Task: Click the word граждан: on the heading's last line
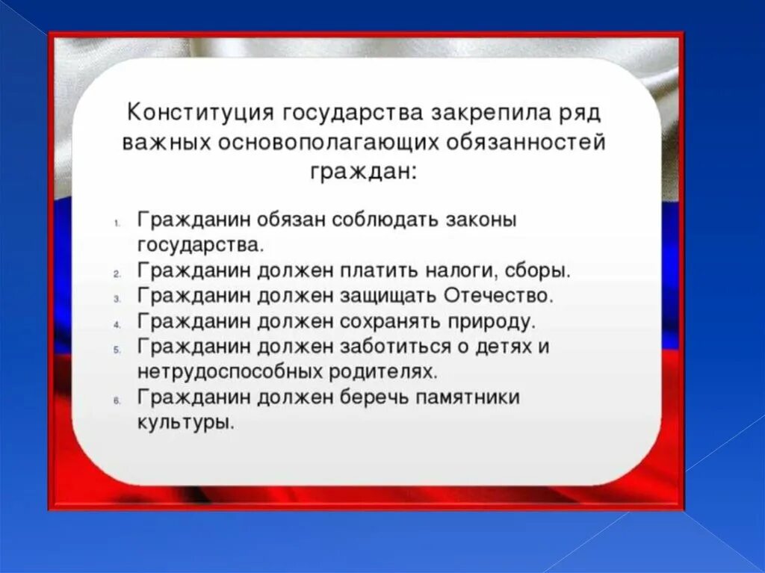363,172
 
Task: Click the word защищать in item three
384,295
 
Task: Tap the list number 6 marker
117,400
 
